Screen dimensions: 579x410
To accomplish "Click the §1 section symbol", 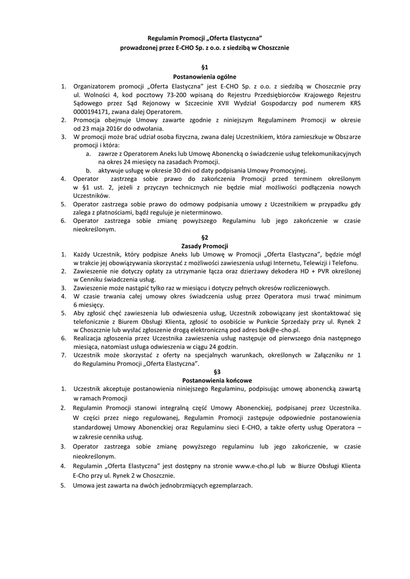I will pos(204,67).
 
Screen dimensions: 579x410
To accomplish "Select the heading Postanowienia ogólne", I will pos(204,76).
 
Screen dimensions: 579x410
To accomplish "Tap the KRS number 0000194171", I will pos(93,112).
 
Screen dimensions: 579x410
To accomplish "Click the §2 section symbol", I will pos(204,237).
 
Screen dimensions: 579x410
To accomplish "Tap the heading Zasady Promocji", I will pos(204,247).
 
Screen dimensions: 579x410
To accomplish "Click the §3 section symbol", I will pos(204,372).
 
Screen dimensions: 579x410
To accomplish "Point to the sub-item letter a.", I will pos(88,154).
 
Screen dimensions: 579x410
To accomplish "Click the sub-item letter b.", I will pos(88,170).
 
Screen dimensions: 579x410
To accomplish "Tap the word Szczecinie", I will pos(199,103).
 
